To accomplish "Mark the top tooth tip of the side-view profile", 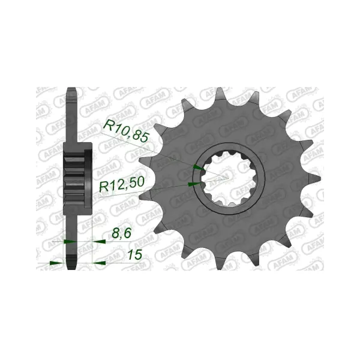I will [70, 93].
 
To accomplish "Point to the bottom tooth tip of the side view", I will [70, 265].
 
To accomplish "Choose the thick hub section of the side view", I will [77, 178].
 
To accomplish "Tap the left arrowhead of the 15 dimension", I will [55, 262].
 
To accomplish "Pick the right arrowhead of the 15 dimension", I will [100, 262].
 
